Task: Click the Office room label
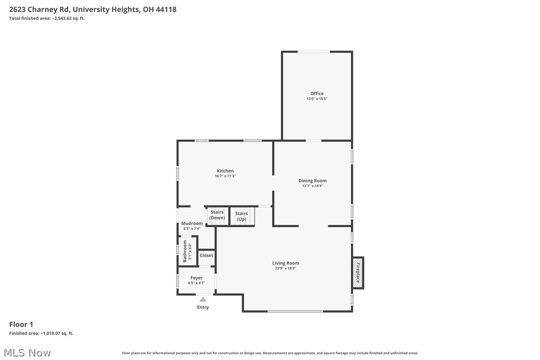[x=317, y=93]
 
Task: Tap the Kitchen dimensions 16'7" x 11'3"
[x=225, y=176]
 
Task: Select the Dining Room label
[x=312, y=180]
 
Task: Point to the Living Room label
[x=285, y=263]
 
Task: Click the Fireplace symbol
[x=358, y=272]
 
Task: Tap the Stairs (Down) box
[x=217, y=215]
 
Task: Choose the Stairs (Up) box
[x=242, y=216]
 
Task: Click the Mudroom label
[x=192, y=223]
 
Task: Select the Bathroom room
[x=187, y=251]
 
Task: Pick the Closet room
[x=206, y=256]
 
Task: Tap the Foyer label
[x=196, y=278]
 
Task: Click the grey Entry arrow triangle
[x=203, y=299]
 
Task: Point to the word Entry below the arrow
[x=203, y=307]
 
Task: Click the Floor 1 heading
[x=21, y=325]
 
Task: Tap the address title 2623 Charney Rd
[x=92, y=9]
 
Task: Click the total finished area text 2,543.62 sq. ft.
[x=47, y=18]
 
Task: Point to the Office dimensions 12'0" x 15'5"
[x=317, y=99]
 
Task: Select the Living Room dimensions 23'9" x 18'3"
[x=285, y=269]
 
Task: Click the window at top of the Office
[x=313, y=52]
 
